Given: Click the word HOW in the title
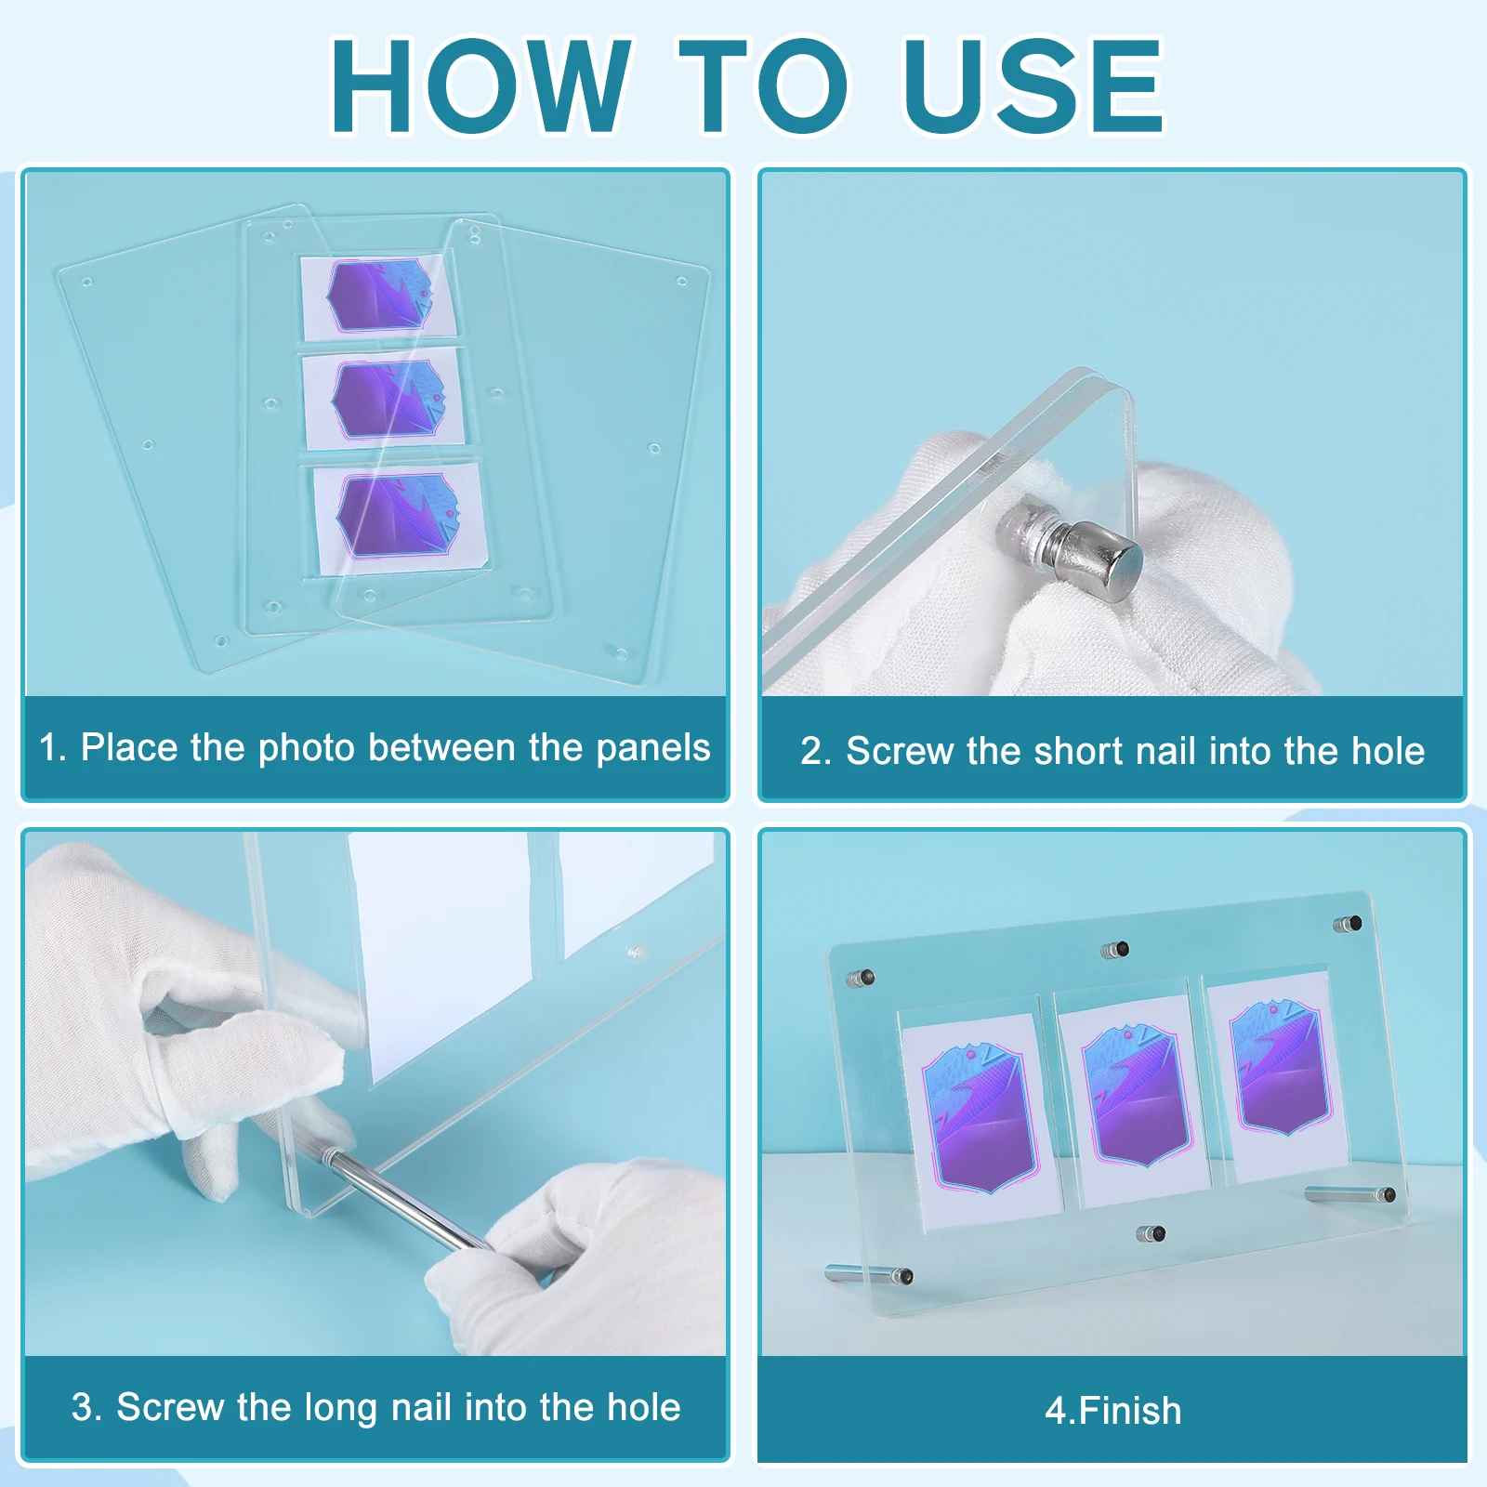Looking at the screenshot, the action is (x=480, y=86).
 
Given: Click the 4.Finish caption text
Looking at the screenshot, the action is (x=1112, y=1411).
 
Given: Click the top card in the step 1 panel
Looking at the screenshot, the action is (x=378, y=297).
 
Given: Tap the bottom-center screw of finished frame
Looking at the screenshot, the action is (x=1151, y=1234).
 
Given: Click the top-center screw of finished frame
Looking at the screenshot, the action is (x=1115, y=950).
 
